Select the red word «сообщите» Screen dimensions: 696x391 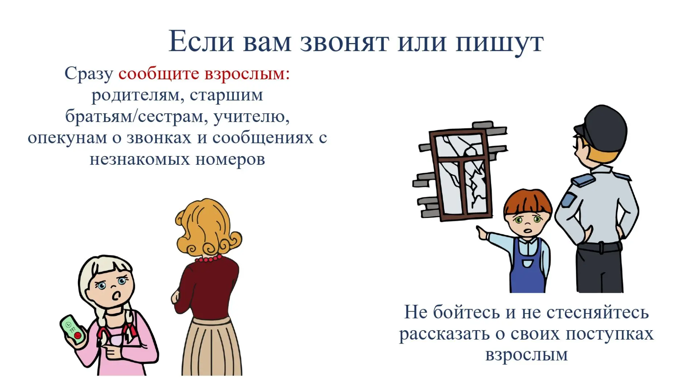click(x=159, y=74)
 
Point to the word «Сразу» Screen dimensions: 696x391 click(x=89, y=74)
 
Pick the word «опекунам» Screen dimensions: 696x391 click(x=67, y=138)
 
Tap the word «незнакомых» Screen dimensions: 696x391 click(x=140, y=159)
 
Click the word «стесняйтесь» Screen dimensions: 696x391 click(x=597, y=312)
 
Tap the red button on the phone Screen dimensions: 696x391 click(x=78, y=336)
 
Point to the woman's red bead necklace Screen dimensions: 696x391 click(x=208, y=258)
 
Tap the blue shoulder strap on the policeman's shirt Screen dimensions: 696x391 click(x=583, y=180)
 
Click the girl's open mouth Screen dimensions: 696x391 click(x=116, y=296)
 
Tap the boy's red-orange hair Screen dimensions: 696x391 click(x=527, y=201)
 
